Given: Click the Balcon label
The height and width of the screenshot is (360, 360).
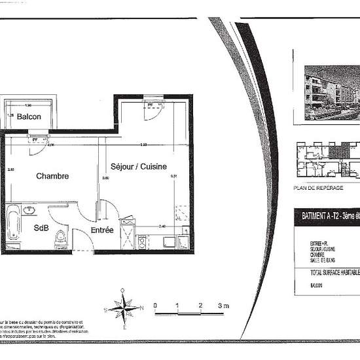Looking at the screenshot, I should click(x=29, y=117).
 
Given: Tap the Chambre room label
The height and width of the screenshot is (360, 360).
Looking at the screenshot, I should click(x=52, y=176).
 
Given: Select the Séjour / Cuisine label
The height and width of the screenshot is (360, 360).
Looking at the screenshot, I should click(x=138, y=166).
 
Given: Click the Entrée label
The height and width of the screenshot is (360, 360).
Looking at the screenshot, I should click(x=102, y=230).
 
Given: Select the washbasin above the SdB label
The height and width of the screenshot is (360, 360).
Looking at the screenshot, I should click(x=29, y=211).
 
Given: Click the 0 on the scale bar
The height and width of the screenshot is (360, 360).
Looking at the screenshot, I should click(x=154, y=305).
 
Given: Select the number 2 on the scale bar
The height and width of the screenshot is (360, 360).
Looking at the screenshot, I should click(x=200, y=305).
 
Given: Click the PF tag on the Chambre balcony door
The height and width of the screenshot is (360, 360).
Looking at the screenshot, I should click(x=33, y=139).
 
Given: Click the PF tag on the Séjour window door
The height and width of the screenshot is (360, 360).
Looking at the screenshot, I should click(x=150, y=105).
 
